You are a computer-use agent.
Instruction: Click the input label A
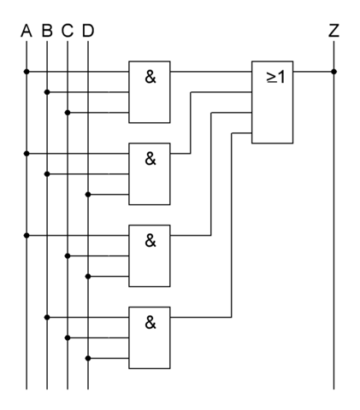27,31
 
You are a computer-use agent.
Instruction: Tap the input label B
47,31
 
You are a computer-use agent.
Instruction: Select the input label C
68,31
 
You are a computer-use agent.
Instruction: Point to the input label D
88,31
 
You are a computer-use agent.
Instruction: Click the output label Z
333,31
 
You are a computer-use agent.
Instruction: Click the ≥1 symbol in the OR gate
276,77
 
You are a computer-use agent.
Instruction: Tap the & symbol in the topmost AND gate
150,77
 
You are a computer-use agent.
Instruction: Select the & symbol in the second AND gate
150,159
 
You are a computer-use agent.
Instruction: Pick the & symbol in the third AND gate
150,241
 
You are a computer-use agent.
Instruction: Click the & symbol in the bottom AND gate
150,323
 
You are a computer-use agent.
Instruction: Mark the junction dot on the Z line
334,72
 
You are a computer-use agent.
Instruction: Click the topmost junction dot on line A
27,72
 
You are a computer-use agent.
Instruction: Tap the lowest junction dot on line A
27,236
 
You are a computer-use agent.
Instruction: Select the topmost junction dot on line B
47,92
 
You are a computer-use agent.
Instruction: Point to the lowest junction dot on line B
47,317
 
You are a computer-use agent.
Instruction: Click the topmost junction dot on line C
68,113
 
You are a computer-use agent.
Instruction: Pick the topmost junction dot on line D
88,195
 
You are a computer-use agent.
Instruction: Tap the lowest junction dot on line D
88,358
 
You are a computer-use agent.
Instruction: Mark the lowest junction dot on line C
68,337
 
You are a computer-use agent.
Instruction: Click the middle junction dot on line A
27,154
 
